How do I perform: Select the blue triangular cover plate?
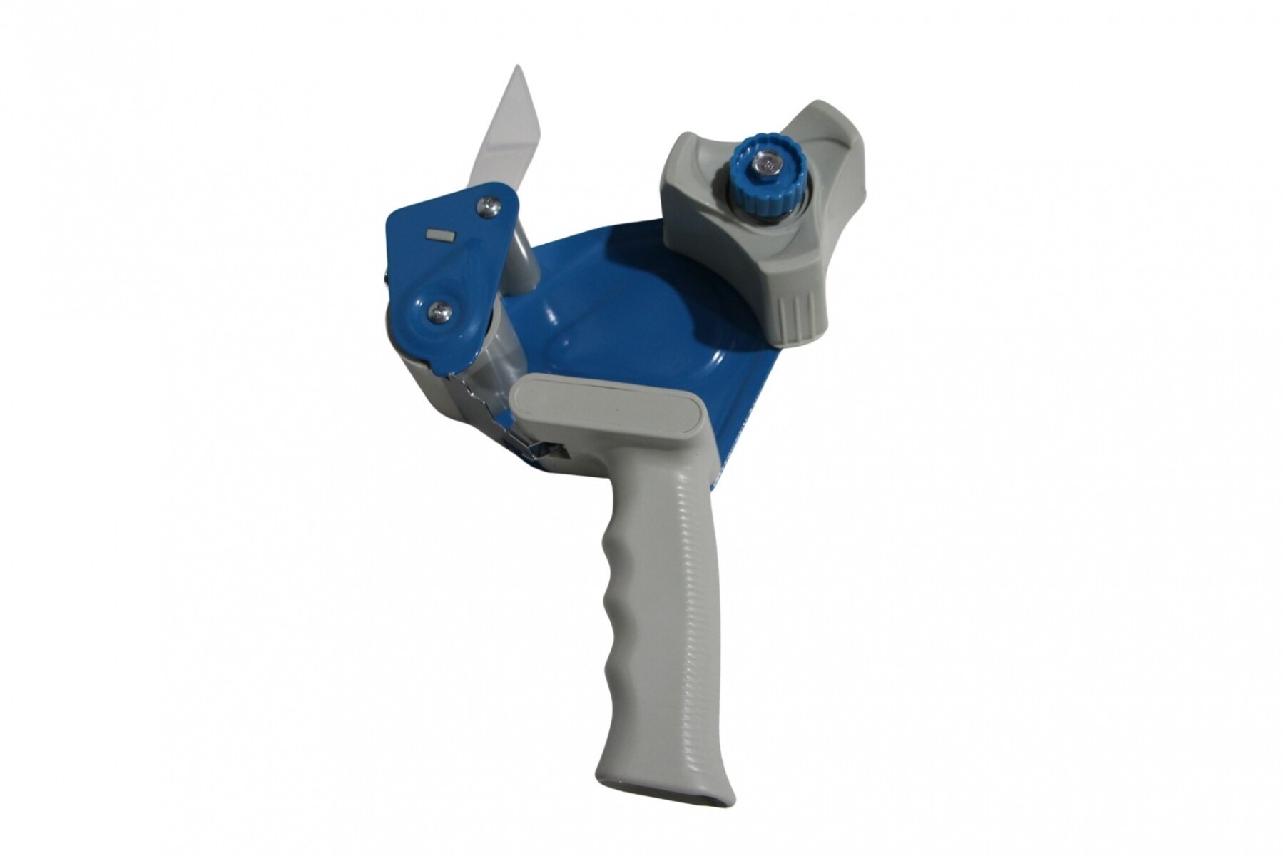pyautogui.click(x=449, y=264)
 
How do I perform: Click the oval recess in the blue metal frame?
pyautogui.click(x=628, y=314)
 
